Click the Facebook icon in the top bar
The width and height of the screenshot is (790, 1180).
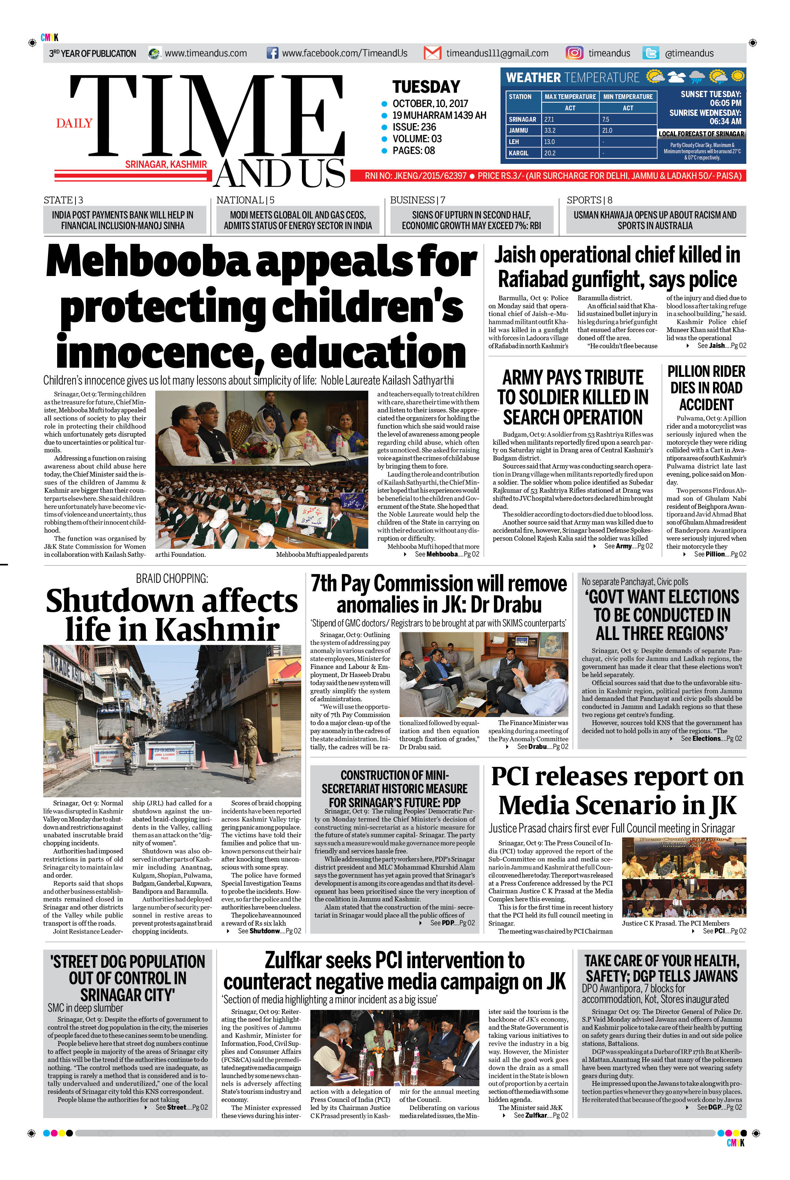pos(272,53)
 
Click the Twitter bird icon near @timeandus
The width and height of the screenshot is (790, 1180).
pos(650,53)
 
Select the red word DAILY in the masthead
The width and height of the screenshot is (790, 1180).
pos(74,124)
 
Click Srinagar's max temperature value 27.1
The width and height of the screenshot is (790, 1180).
pos(549,120)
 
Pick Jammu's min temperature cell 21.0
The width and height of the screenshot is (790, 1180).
pos(607,131)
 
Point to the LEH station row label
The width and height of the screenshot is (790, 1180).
pos(514,141)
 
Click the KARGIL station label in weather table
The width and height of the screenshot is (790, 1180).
pos(518,153)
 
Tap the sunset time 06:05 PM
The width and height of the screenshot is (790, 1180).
pos(726,103)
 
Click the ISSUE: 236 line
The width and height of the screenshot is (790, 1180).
pos(414,127)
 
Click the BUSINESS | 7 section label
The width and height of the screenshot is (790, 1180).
pos(417,200)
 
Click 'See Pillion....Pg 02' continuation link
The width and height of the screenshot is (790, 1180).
pos(720,554)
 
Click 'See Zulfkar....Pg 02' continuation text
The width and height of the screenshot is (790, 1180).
pos(540,1115)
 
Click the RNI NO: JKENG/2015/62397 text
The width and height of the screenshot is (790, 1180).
pos(416,176)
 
